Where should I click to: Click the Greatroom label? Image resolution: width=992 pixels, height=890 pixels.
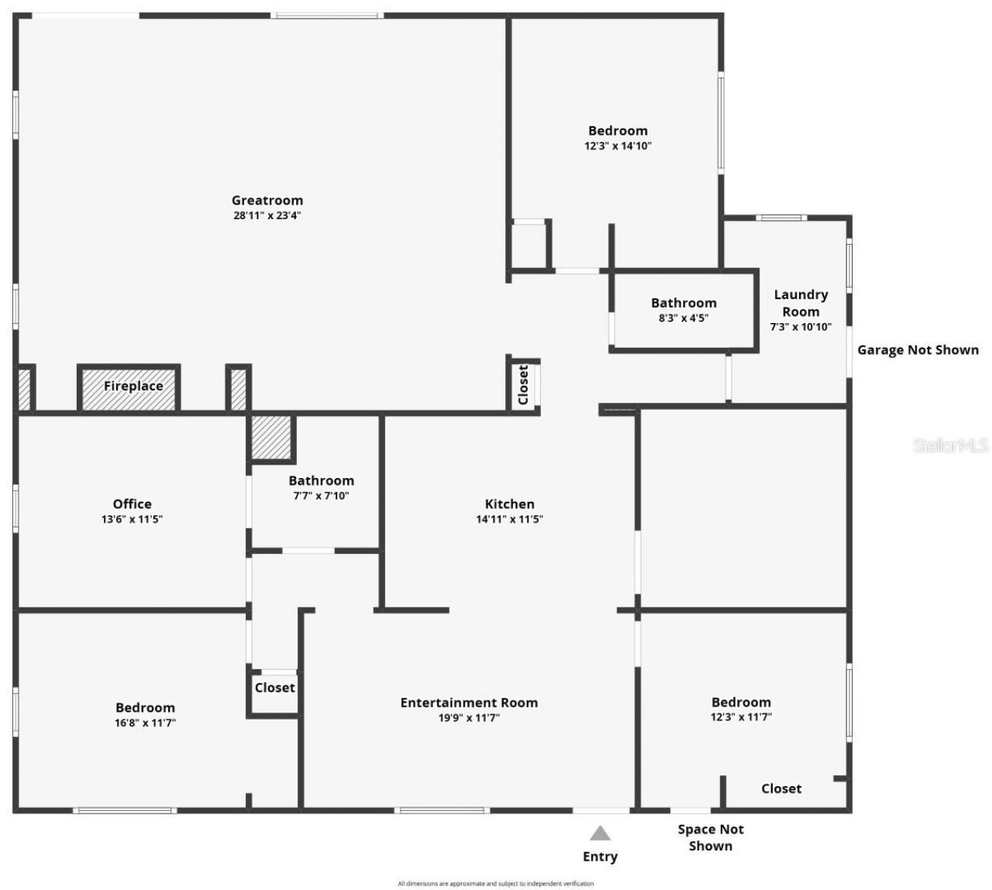pyautogui.click(x=267, y=201)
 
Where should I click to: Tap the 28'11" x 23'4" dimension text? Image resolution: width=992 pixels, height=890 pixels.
pyautogui.click(x=267, y=216)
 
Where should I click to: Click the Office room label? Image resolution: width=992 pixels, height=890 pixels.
pyautogui.click(x=132, y=504)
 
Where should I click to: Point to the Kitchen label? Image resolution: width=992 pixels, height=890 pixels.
pyautogui.click(x=509, y=504)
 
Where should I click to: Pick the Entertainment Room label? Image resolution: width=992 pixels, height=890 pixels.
pyautogui.click(x=469, y=703)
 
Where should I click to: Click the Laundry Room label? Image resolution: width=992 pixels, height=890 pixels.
pyautogui.click(x=801, y=303)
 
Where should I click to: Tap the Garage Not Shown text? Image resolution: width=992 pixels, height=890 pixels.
pyautogui.click(x=918, y=350)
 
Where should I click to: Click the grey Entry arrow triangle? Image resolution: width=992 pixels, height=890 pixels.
pyautogui.click(x=600, y=833)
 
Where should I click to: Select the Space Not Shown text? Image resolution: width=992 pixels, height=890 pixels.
pyautogui.click(x=711, y=837)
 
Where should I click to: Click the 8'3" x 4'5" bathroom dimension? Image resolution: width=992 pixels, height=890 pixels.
pyautogui.click(x=684, y=318)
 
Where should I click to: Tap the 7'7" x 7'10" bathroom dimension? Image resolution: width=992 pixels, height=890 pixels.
pyautogui.click(x=321, y=496)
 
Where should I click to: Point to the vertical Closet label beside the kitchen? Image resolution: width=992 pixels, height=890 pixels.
pyautogui.click(x=523, y=384)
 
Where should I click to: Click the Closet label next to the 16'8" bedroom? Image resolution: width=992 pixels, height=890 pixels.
pyautogui.click(x=274, y=688)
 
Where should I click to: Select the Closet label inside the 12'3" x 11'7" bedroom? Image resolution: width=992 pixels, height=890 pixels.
pyautogui.click(x=781, y=789)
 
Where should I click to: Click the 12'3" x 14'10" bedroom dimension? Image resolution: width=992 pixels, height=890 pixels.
pyautogui.click(x=618, y=146)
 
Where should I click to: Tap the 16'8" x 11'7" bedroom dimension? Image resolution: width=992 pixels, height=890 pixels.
pyautogui.click(x=145, y=723)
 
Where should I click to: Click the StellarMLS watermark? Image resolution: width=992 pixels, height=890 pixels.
pyautogui.click(x=951, y=445)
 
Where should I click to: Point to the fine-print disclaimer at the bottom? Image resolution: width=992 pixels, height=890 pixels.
pyautogui.click(x=496, y=883)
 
